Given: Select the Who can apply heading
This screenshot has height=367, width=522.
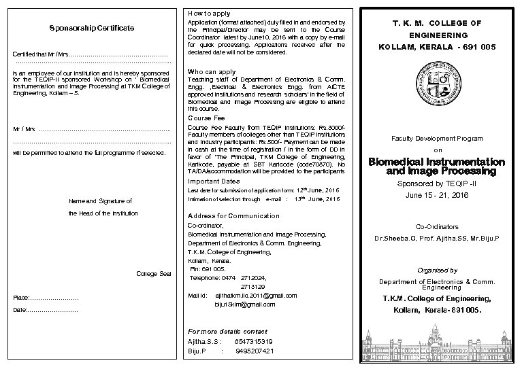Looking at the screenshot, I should tap(212, 71).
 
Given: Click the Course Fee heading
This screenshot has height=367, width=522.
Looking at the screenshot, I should tap(207, 118).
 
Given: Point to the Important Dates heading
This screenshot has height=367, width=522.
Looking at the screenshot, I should tap(214, 181).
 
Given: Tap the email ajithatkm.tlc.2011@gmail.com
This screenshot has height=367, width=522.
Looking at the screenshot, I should tap(256, 296).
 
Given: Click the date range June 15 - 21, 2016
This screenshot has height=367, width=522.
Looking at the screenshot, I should tap(437, 194).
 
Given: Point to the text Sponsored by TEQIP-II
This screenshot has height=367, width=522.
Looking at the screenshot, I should tap(437, 183).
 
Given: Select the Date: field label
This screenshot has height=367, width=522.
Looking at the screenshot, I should tap(21, 310).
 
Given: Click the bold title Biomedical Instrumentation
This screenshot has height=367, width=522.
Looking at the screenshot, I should tap(436, 162).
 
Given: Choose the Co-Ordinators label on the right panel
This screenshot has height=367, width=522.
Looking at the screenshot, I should tap(437, 226).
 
